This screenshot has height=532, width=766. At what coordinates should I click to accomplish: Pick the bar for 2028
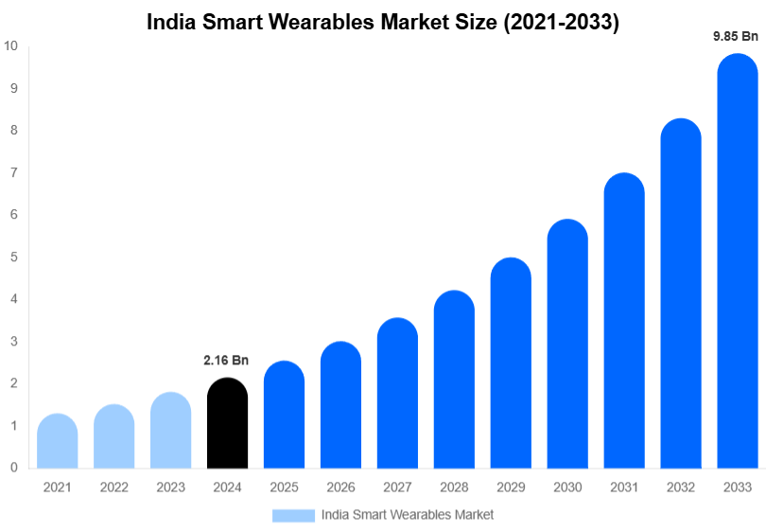click(x=454, y=380)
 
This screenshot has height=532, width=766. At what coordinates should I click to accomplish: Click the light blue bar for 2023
click(x=171, y=431)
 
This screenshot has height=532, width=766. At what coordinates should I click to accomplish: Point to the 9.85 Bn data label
click(x=736, y=37)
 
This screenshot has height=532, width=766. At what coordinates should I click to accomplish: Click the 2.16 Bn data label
click(x=226, y=361)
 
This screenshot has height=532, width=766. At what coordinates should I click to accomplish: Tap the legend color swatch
click(x=293, y=515)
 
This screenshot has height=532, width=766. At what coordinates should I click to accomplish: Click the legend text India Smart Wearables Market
click(x=407, y=515)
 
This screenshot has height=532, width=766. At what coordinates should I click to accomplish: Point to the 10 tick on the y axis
click(x=10, y=46)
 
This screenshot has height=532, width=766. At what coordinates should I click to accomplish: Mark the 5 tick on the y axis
click(x=13, y=257)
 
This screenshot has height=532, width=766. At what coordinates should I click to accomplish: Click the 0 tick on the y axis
click(x=13, y=468)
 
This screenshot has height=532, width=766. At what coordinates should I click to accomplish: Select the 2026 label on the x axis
click(x=340, y=487)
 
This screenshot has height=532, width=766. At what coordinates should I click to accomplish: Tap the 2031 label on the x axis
click(x=624, y=487)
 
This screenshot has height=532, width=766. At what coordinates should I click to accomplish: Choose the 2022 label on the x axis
click(x=114, y=487)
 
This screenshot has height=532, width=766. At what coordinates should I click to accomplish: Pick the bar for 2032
click(x=681, y=293)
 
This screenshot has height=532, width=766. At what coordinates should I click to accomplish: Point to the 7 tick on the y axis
click(x=13, y=173)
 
